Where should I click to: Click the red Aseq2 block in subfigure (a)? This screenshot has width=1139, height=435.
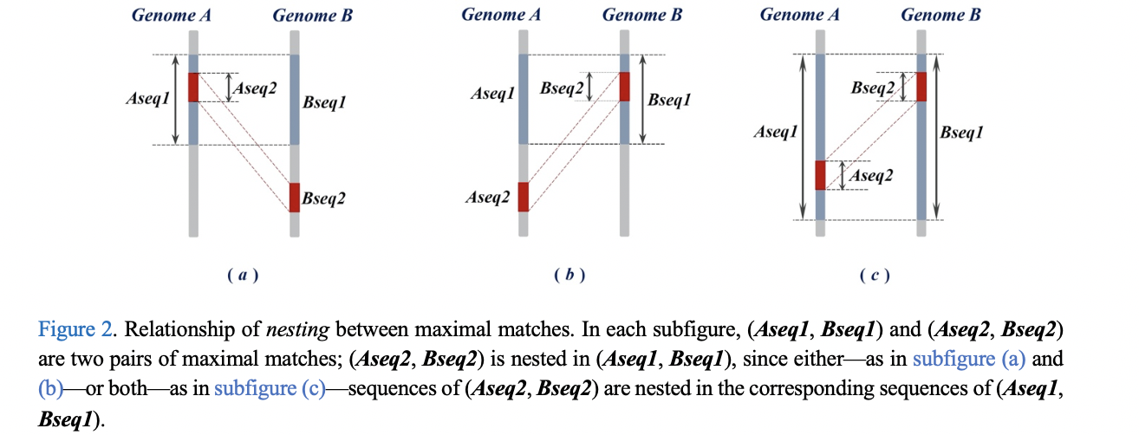coord(193,88)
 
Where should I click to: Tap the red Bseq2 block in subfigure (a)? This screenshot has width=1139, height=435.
coord(294,198)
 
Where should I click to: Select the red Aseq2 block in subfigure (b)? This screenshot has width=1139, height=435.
coord(523,197)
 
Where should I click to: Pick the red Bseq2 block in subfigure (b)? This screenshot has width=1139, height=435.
coord(624,87)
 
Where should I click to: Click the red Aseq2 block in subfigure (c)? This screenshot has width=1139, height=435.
coord(820,175)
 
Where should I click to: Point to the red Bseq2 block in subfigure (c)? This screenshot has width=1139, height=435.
coord(921,87)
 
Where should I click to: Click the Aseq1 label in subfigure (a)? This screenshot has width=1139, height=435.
coord(147,100)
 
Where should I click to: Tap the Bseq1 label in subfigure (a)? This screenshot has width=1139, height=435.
coord(324,103)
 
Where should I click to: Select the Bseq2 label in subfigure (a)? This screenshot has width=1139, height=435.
coord(324,199)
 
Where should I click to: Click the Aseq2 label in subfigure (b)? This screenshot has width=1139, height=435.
coord(486,198)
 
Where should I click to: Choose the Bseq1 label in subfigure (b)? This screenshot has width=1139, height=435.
coord(669,101)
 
